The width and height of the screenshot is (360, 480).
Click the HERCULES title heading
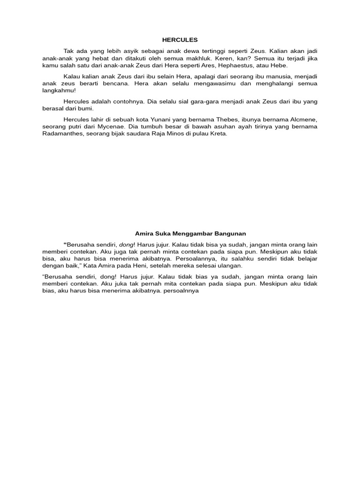coord(180,40)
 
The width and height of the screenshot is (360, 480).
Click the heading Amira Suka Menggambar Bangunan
coord(190,233)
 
